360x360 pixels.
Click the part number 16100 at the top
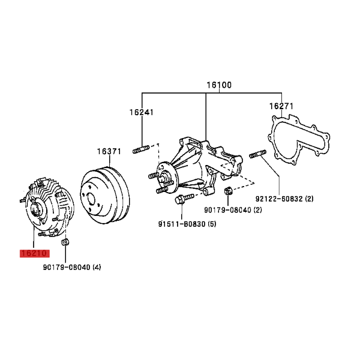[219, 85]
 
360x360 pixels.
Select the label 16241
[142, 112]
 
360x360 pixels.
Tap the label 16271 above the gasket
[281, 106]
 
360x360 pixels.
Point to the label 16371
[109, 151]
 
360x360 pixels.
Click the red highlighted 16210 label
[35, 253]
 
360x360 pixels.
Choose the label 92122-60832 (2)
[284, 199]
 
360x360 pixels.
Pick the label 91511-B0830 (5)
[187, 224]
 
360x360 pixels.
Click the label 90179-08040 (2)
[233, 210]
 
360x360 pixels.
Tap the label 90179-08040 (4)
[72, 267]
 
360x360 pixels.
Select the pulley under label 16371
[104, 196]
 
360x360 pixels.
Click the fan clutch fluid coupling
[50, 206]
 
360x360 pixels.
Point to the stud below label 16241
[141, 149]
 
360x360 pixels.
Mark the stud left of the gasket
[258, 154]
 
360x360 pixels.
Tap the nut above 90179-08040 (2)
[228, 190]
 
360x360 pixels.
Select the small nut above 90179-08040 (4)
[65, 242]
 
